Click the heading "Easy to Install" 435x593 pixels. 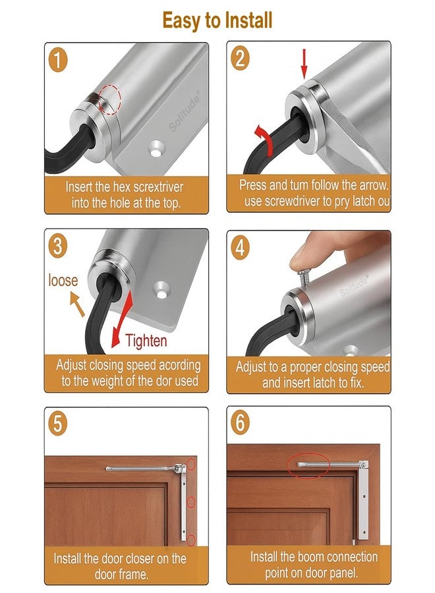[217, 20]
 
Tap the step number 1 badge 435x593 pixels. [58, 61]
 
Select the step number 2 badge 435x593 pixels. [241, 59]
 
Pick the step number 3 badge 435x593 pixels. [58, 246]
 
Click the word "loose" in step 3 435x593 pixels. [63, 281]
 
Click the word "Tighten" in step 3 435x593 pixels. [146, 341]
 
